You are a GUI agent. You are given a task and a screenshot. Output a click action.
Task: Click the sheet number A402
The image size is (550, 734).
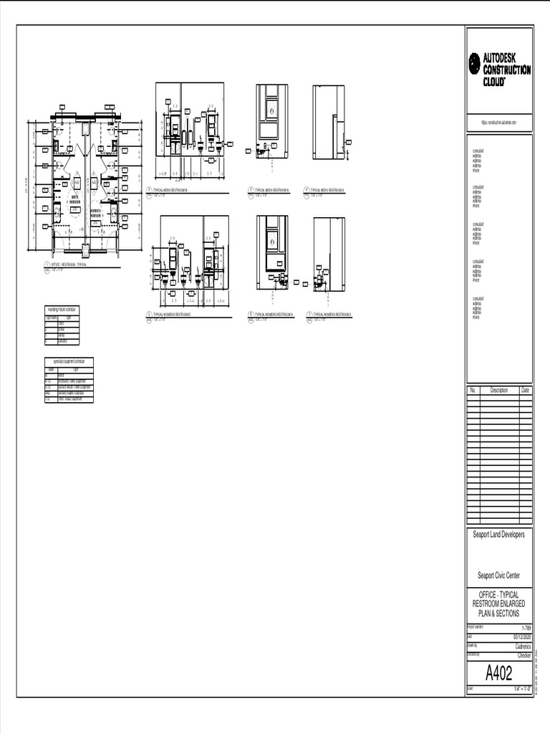tap(498, 674)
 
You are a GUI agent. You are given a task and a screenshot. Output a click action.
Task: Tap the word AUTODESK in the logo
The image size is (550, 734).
tap(506, 57)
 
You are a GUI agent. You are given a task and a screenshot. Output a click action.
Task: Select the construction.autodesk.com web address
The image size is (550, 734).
tap(498, 123)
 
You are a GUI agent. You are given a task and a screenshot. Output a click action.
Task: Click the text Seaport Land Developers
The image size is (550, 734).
tap(498, 535)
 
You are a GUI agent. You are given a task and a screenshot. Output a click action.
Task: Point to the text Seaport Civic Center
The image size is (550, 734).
tap(498, 575)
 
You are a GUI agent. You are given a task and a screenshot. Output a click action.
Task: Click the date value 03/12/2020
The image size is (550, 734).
tap(521, 636)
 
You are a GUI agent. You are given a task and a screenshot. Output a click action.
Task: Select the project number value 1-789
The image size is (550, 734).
tap(526, 628)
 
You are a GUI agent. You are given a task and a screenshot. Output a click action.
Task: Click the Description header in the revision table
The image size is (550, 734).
tap(498, 391)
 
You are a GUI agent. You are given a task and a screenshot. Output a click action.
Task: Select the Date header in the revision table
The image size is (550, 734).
tap(526, 391)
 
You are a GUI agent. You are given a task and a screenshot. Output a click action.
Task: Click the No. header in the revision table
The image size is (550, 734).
tap(473, 391)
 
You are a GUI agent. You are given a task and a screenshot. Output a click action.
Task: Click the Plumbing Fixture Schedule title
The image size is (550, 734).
tap(62, 309)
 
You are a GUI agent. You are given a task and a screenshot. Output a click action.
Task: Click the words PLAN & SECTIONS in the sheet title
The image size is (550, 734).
tap(498, 614)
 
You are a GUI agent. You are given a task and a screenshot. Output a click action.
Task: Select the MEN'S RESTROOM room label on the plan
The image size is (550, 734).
tap(74, 200)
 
